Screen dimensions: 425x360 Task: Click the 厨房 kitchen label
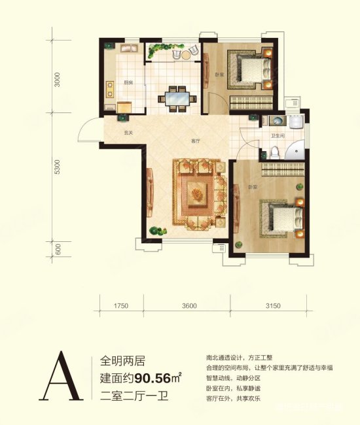tap(128, 82)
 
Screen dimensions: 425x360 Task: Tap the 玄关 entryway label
tap(129, 133)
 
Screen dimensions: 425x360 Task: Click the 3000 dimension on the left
tap(58, 78)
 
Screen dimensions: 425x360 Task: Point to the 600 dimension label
tap(58, 248)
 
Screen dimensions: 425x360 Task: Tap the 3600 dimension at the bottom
tap(190, 305)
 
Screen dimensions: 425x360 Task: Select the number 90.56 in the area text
tap(157, 377)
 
